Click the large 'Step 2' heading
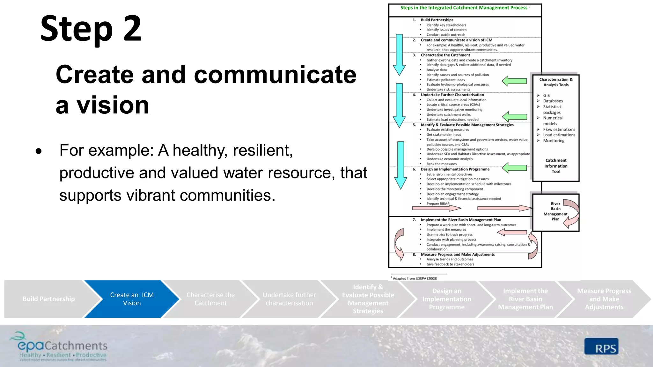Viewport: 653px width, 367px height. click(91, 29)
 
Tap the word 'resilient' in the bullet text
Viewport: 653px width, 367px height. click(262, 150)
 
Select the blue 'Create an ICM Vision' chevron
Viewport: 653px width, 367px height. click(132, 299)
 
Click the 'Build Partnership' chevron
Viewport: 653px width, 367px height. click(48, 299)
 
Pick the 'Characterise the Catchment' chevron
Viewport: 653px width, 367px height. click(210, 299)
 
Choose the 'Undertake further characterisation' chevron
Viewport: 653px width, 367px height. click(289, 299)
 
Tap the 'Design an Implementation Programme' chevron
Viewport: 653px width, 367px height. click(446, 299)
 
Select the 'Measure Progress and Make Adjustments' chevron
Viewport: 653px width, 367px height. click(604, 299)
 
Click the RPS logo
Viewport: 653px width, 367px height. click(601, 347)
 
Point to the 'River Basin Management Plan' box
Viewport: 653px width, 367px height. click(555, 212)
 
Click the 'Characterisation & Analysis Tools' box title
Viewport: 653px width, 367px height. click(556, 82)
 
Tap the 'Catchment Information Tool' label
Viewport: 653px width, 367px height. click(556, 166)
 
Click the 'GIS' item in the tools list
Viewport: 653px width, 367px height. click(547, 96)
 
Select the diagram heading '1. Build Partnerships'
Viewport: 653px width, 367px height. click(437, 20)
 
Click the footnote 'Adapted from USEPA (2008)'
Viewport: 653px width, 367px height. click(415, 278)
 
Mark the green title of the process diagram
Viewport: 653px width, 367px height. click(464, 8)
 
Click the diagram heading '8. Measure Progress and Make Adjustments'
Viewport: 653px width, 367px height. click(458, 255)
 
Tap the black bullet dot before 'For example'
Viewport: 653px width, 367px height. click(39, 151)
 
